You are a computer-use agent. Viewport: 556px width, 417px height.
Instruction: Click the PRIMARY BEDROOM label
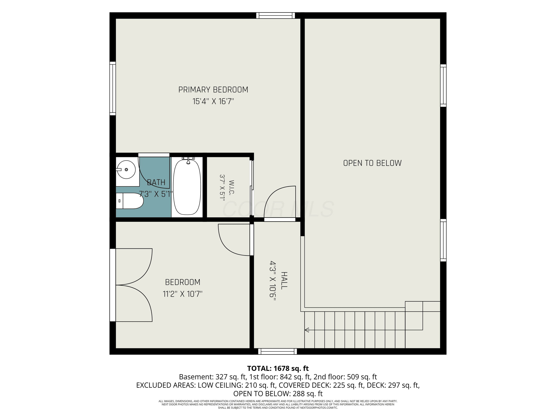click(213, 90)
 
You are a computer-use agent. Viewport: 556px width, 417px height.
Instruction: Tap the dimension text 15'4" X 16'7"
click(213, 102)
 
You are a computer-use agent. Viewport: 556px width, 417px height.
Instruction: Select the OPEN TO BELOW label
click(372, 163)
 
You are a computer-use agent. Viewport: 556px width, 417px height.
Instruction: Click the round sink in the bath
click(126, 170)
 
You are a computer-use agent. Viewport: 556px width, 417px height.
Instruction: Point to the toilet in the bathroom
click(129, 201)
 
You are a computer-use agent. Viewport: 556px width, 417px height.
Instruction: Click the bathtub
click(187, 187)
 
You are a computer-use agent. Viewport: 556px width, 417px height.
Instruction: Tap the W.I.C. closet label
click(231, 188)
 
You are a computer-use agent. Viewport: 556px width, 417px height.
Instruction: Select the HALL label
click(284, 281)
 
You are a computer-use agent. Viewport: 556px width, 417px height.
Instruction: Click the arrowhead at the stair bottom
click(307, 330)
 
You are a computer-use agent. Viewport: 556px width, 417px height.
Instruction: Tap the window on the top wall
click(275, 16)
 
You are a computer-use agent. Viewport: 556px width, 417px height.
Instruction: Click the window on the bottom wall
click(277, 351)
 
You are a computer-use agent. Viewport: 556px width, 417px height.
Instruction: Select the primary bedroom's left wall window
click(113, 88)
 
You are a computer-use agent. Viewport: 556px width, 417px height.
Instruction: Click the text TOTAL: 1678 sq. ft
click(278, 368)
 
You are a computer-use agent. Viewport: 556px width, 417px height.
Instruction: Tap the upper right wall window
click(443, 85)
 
